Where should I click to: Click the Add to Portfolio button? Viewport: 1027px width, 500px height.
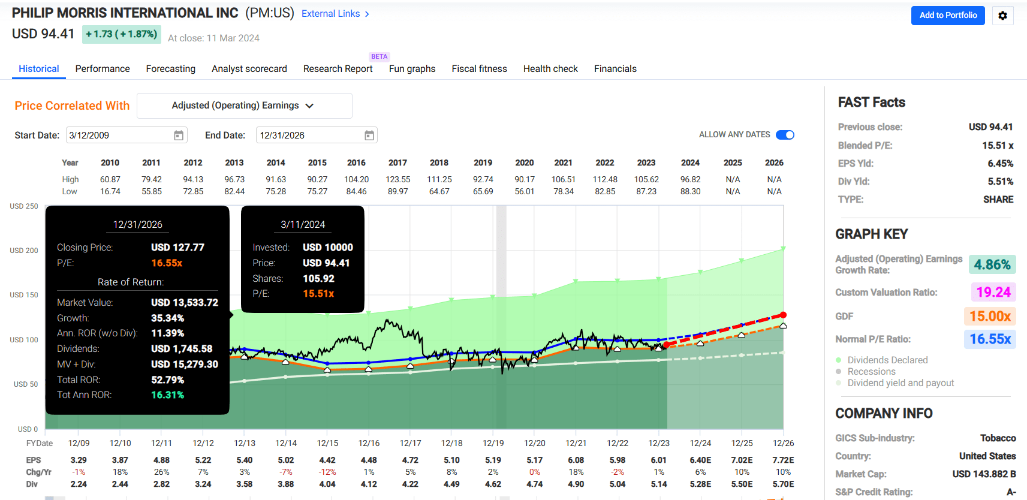(x=947, y=16)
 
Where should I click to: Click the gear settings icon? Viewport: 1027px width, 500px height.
(x=1002, y=16)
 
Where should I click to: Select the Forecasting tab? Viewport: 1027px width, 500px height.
(x=170, y=69)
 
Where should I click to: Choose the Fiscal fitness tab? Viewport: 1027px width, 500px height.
(x=479, y=69)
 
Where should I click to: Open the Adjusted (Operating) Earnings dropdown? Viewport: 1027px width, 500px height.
(x=244, y=106)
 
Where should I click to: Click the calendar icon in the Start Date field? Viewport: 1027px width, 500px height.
(x=179, y=135)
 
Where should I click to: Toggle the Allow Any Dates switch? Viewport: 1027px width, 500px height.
(x=784, y=135)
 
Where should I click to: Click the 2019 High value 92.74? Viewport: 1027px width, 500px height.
(x=483, y=179)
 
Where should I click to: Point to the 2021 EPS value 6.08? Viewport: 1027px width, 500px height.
(x=576, y=460)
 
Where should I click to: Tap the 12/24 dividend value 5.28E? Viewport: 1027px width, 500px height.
(x=700, y=484)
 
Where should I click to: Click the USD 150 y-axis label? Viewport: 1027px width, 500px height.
(x=24, y=295)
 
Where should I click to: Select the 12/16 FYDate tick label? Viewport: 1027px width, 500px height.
(x=369, y=443)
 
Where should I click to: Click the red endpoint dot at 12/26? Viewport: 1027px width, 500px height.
(x=783, y=315)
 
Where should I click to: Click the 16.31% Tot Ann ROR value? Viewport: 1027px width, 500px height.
(x=167, y=394)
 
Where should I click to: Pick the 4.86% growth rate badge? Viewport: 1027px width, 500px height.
(x=992, y=264)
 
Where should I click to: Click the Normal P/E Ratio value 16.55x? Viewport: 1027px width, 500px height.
(x=990, y=339)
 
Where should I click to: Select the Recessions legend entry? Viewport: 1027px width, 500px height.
(x=871, y=372)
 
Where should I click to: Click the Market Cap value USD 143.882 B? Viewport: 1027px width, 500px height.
(x=984, y=474)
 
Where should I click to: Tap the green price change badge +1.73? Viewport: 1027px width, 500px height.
(x=121, y=34)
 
